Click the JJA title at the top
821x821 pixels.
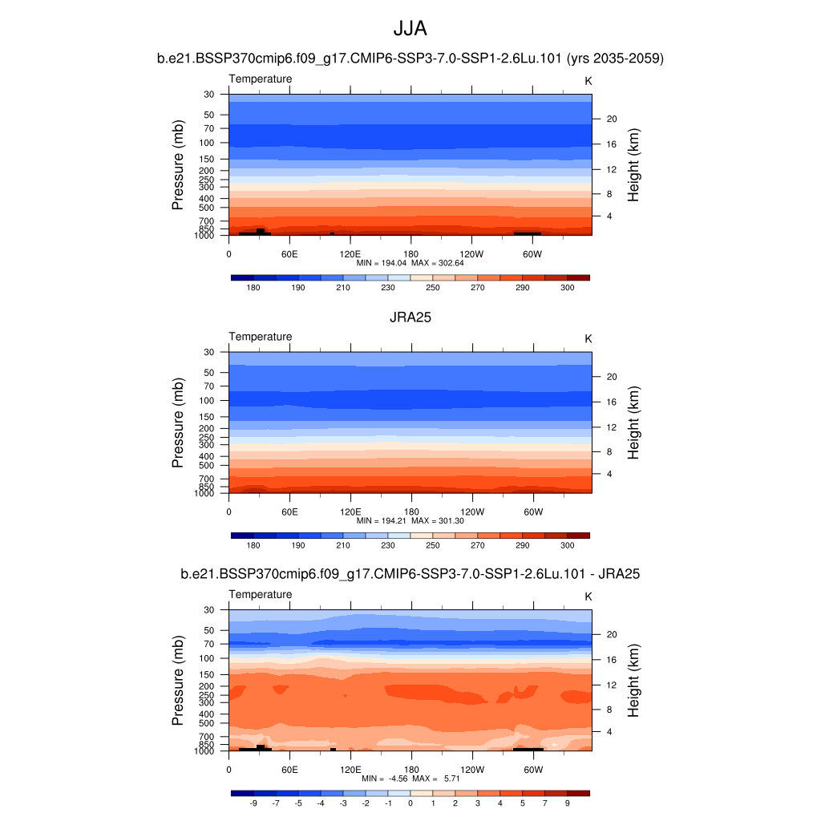pos(410,30)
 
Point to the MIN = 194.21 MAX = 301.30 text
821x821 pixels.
pos(410,520)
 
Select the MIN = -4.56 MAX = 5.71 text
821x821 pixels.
pos(410,779)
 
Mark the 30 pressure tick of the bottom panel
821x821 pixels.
pos(209,610)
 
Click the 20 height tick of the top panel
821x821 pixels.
pos(610,119)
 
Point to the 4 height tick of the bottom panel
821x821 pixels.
pos(608,731)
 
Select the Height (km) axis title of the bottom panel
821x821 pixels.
pos(633,680)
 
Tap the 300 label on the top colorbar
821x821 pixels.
pos(567,288)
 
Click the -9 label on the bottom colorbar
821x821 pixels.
pos(253,803)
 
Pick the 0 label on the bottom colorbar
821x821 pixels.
pos(410,803)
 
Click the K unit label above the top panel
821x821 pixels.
pos(588,81)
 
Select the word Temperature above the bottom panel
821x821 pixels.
pos(261,594)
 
